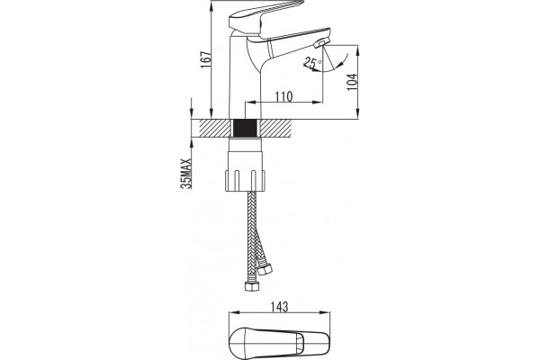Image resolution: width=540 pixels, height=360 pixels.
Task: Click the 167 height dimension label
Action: tap(205, 59)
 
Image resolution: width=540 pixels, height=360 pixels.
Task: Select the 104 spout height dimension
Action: tap(352, 82)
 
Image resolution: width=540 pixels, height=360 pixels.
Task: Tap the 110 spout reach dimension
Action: tap(283, 97)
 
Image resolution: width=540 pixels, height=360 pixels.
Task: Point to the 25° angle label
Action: tap(312, 63)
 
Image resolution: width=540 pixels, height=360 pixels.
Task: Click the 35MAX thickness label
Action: tap(186, 174)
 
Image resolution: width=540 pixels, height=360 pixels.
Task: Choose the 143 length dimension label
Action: tap(279, 306)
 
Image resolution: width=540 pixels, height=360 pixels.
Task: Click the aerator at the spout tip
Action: tap(319, 43)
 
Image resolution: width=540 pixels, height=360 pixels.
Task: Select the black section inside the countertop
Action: tap(245, 129)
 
